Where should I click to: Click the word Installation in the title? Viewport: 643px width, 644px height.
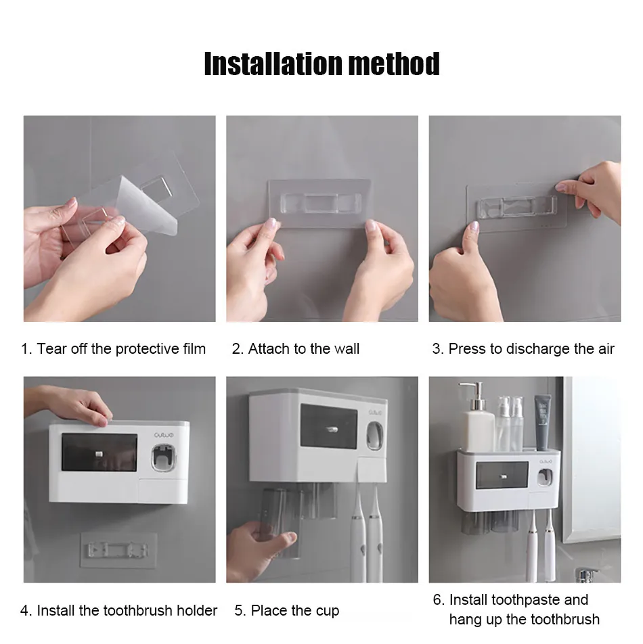(x=273, y=64)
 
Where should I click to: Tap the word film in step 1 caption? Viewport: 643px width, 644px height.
(x=194, y=348)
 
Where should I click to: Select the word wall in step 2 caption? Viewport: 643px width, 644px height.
(x=347, y=348)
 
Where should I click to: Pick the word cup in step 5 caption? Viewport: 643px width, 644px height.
(x=328, y=611)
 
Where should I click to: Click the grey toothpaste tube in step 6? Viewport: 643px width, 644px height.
(x=543, y=422)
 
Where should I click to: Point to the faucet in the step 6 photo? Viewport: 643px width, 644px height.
(x=586, y=574)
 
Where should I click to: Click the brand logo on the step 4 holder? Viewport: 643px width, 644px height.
(x=164, y=435)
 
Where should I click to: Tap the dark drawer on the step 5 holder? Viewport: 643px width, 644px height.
(x=329, y=426)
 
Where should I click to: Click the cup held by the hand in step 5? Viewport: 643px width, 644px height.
(x=282, y=524)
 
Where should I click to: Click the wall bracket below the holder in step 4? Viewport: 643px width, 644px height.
(x=118, y=550)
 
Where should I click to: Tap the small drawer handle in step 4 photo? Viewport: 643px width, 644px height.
(x=99, y=454)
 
